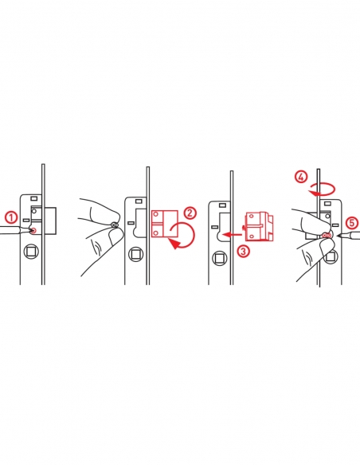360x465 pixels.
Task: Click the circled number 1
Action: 11,217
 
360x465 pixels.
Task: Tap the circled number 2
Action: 190,213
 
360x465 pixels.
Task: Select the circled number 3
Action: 243,251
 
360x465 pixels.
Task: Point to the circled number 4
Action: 301,178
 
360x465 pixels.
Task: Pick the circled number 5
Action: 351,223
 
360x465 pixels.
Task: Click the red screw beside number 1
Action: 33,230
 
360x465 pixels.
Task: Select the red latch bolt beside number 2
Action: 165,224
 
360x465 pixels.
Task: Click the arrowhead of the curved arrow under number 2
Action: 174,244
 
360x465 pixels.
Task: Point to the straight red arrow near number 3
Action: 233,235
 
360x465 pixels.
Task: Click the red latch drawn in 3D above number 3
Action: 258,226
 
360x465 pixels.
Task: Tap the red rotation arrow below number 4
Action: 322,190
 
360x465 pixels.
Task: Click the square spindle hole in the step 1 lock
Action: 30,252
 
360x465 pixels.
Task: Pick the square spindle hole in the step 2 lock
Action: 135,255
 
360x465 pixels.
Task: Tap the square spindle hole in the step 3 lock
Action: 220,258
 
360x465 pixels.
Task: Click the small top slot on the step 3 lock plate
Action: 221,205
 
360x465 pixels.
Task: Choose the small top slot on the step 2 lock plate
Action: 139,201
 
